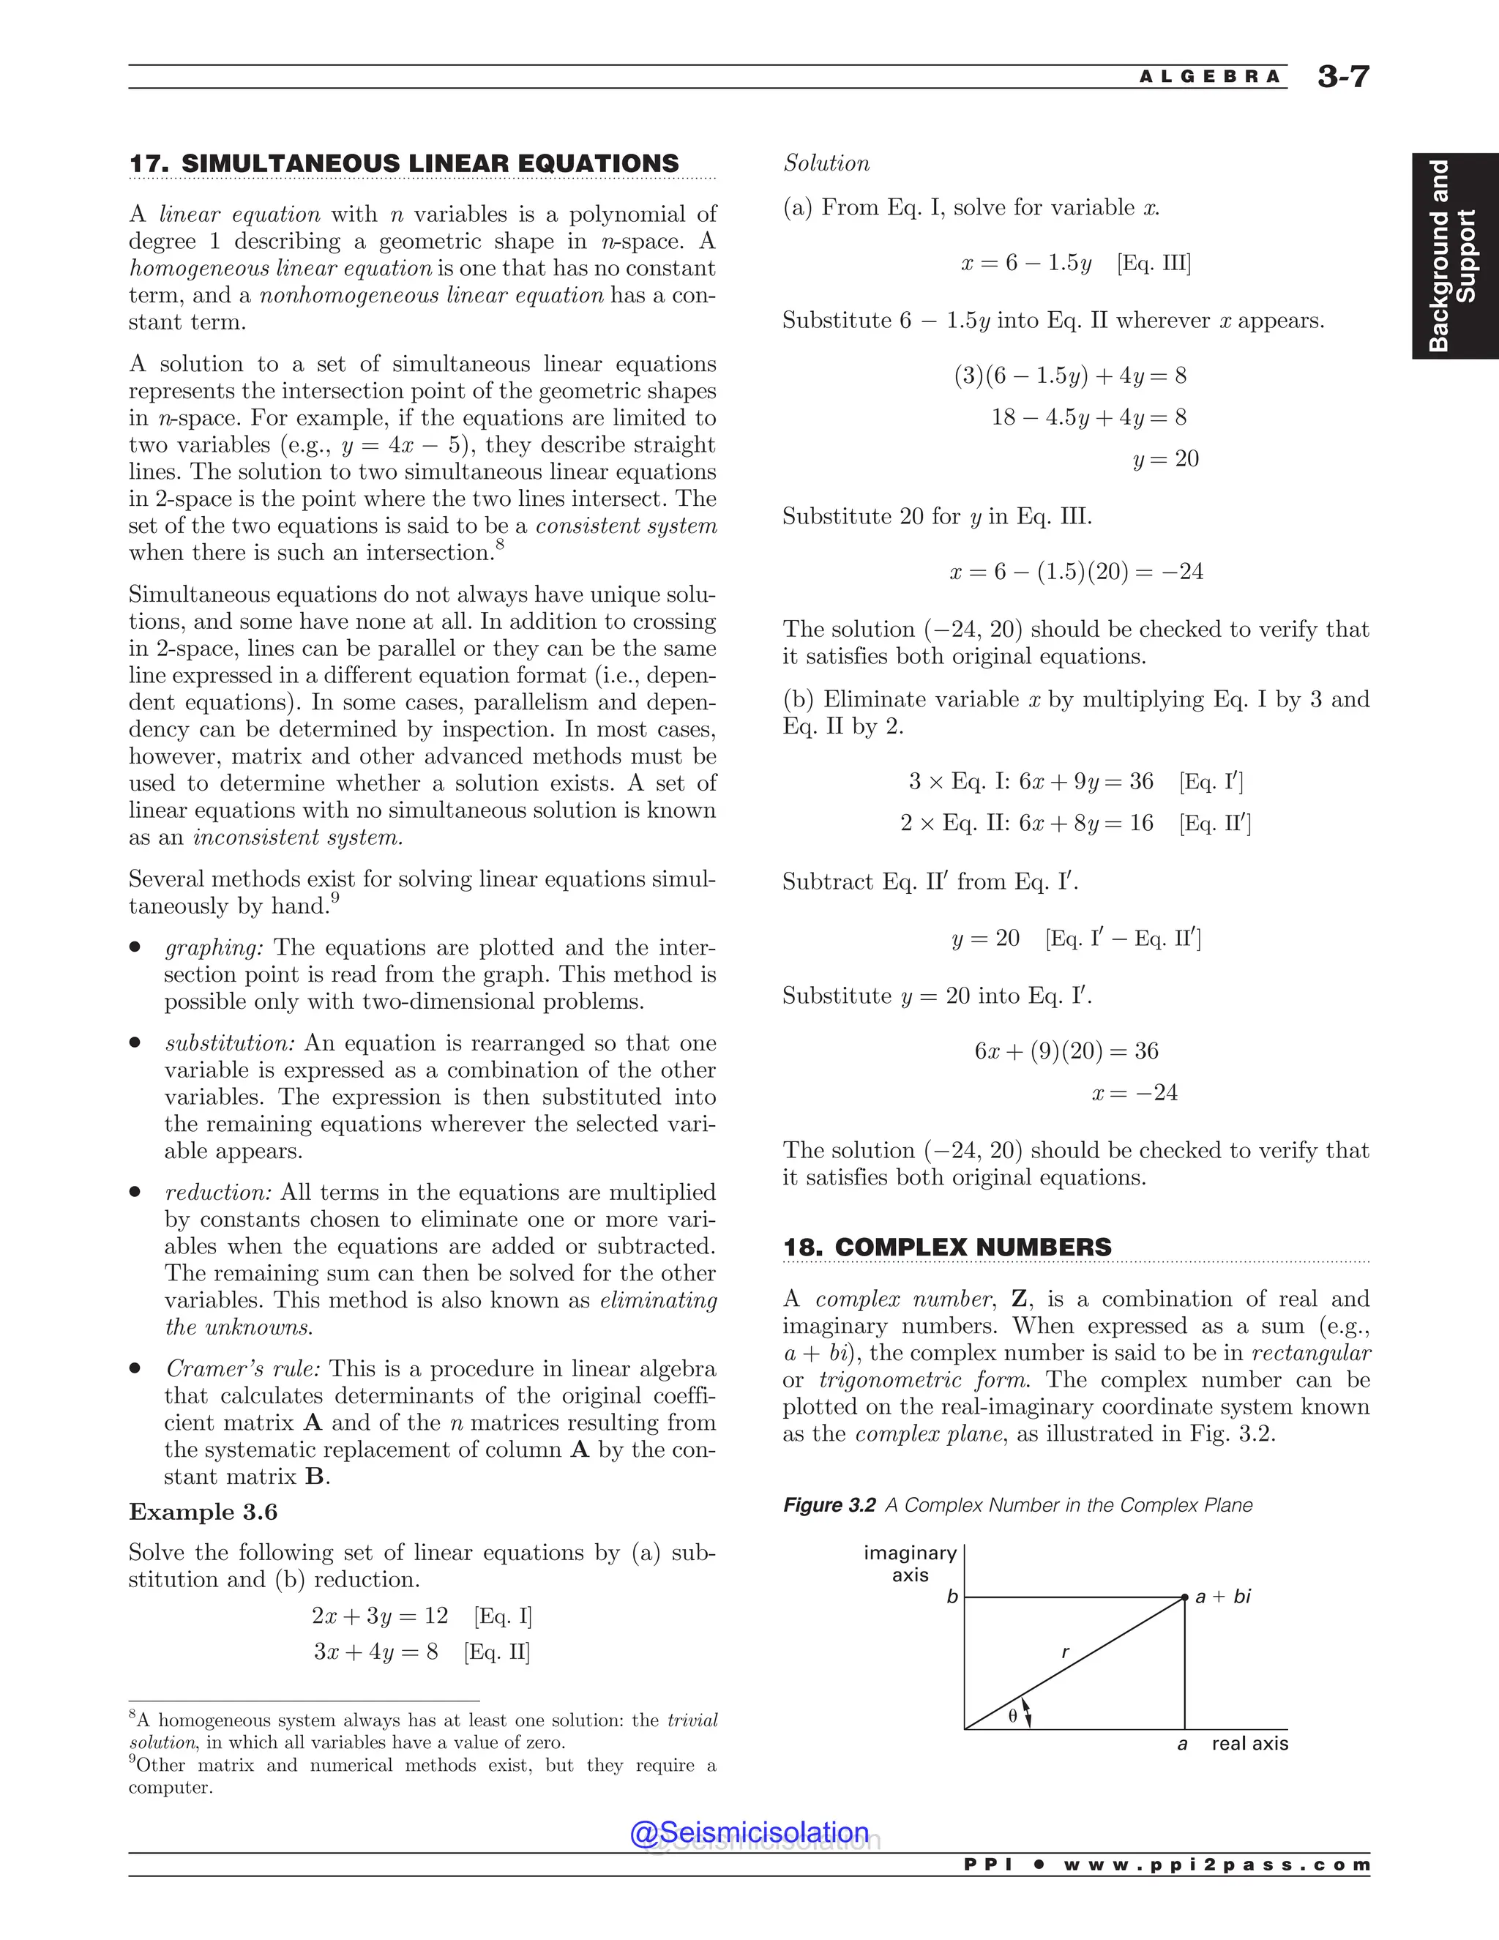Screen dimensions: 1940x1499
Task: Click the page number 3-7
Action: coord(1342,78)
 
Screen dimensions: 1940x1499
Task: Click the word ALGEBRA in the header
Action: coord(1211,78)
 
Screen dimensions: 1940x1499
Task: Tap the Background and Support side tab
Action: coord(1453,255)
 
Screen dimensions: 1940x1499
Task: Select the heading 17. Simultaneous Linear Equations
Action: coord(404,163)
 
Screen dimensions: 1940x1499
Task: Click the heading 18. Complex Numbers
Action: coord(946,1247)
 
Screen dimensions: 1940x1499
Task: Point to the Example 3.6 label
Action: coord(203,1512)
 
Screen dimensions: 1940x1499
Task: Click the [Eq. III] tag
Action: coord(1154,263)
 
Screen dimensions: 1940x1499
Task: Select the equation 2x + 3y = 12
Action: coord(379,1616)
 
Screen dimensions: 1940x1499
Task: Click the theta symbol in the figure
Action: coord(1012,1716)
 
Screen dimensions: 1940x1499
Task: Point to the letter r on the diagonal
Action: coord(1065,1653)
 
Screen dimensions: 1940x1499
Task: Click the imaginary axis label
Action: coord(911,1564)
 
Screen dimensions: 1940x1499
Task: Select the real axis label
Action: coord(1249,1744)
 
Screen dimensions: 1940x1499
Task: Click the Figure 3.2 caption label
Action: coord(829,1504)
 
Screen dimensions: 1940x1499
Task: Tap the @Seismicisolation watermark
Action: coord(749,1832)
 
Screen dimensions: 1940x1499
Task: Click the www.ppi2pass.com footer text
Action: coord(1216,1865)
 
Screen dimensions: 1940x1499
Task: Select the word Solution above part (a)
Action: coord(826,163)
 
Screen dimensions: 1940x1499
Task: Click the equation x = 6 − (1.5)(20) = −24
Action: coord(1076,571)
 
